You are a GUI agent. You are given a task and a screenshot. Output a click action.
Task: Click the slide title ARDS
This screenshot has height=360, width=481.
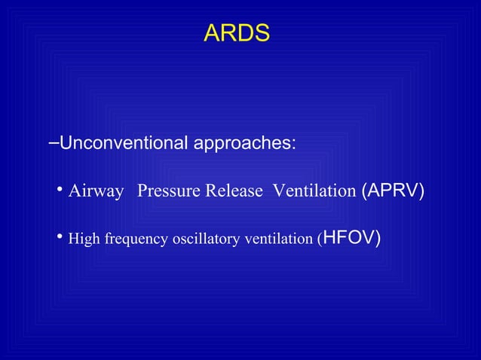click(237, 34)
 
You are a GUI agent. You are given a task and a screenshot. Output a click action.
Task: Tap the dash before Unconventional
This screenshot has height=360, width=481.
click(52, 142)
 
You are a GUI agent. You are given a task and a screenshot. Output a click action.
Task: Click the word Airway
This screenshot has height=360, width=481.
click(96, 191)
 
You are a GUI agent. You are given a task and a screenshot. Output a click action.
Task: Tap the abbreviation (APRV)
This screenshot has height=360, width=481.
click(393, 191)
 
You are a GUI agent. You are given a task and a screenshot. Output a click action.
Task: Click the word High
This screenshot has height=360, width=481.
click(81, 239)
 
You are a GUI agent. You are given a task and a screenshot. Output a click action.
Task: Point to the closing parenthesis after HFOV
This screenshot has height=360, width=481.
click(377, 239)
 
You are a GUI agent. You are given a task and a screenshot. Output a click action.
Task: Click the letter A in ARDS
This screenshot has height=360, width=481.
click(211, 34)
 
